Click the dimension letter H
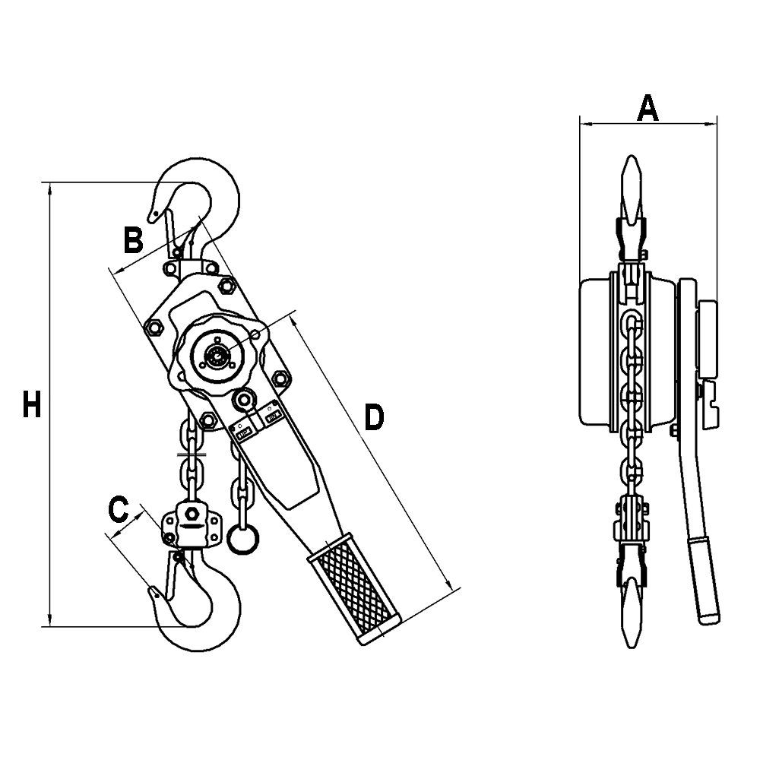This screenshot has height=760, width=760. (31, 404)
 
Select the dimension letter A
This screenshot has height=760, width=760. (647, 108)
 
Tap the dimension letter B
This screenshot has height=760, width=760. (133, 240)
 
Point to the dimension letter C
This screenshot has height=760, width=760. (118, 509)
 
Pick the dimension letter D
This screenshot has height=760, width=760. (373, 418)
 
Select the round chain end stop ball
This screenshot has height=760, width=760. (242, 540)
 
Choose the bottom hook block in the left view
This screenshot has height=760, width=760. (190, 524)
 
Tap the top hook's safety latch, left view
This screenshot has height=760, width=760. (170, 228)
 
